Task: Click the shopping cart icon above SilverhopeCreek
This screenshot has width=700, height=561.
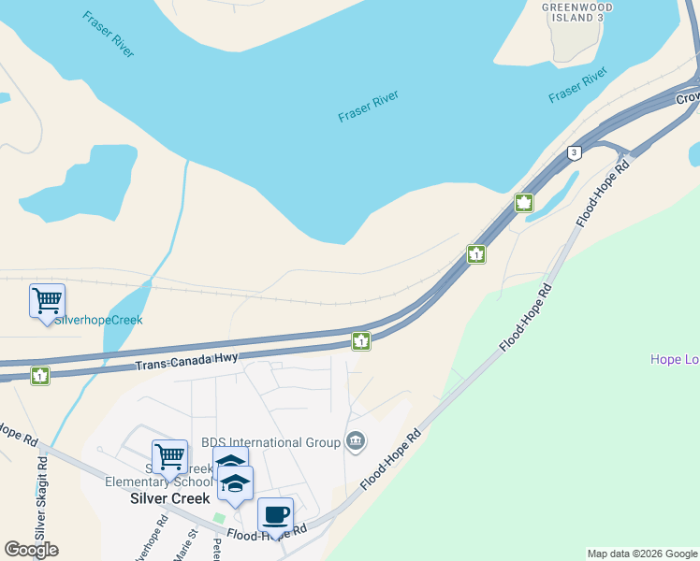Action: (47, 301)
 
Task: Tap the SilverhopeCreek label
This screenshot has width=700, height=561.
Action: (98, 320)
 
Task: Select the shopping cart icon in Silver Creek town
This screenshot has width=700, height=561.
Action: (169, 458)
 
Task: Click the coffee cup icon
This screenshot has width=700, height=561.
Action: (275, 515)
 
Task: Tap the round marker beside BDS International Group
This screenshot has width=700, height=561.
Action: (356, 440)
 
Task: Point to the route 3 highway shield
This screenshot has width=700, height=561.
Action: (574, 153)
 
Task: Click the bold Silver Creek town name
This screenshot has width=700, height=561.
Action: (169, 498)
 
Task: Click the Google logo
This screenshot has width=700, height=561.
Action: (31, 549)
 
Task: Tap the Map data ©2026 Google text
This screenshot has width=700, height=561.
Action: (642, 554)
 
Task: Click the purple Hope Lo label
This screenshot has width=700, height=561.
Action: (675, 359)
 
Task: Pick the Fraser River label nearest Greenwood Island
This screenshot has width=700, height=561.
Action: (577, 85)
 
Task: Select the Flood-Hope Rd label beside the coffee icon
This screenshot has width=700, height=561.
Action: (268, 533)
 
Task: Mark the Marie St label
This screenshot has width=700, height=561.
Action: (191, 547)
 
